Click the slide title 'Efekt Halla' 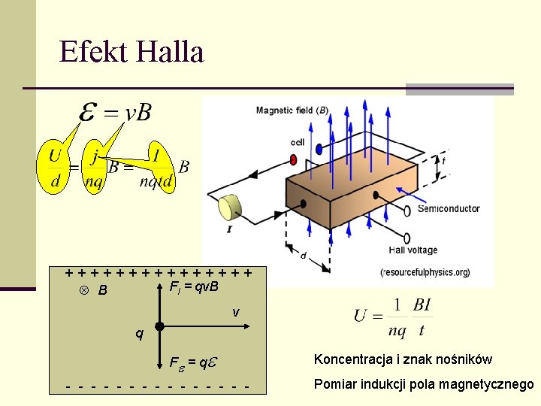tap(131, 52)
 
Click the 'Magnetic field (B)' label tap(292, 111)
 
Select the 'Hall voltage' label tap(413, 250)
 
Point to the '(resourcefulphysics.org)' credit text tap(425, 271)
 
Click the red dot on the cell tap(293, 159)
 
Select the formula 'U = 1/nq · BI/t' tap(393, 317)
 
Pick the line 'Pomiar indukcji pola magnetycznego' tap(423, 385)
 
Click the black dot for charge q tap(159, 327)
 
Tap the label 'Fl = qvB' tap(194, 287)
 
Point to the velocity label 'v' tap(236, 312)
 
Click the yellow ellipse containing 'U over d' tap(54, 168)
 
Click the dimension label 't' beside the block tap(445, 161)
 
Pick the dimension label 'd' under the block tap(303, 256)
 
